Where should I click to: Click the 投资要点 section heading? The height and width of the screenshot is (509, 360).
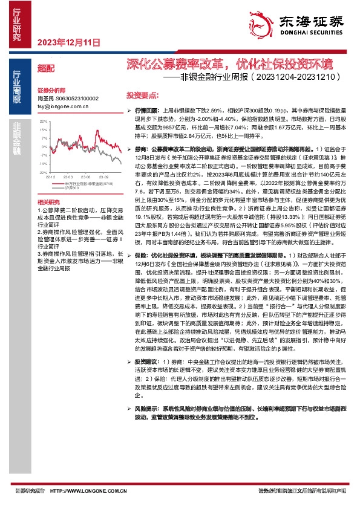tap(142, 96)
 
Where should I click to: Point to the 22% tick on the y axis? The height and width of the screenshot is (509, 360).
tap(43, 122)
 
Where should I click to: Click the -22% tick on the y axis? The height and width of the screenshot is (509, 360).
tap(43, 172)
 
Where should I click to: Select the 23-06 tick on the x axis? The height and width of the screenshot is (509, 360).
tap(84, 177)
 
